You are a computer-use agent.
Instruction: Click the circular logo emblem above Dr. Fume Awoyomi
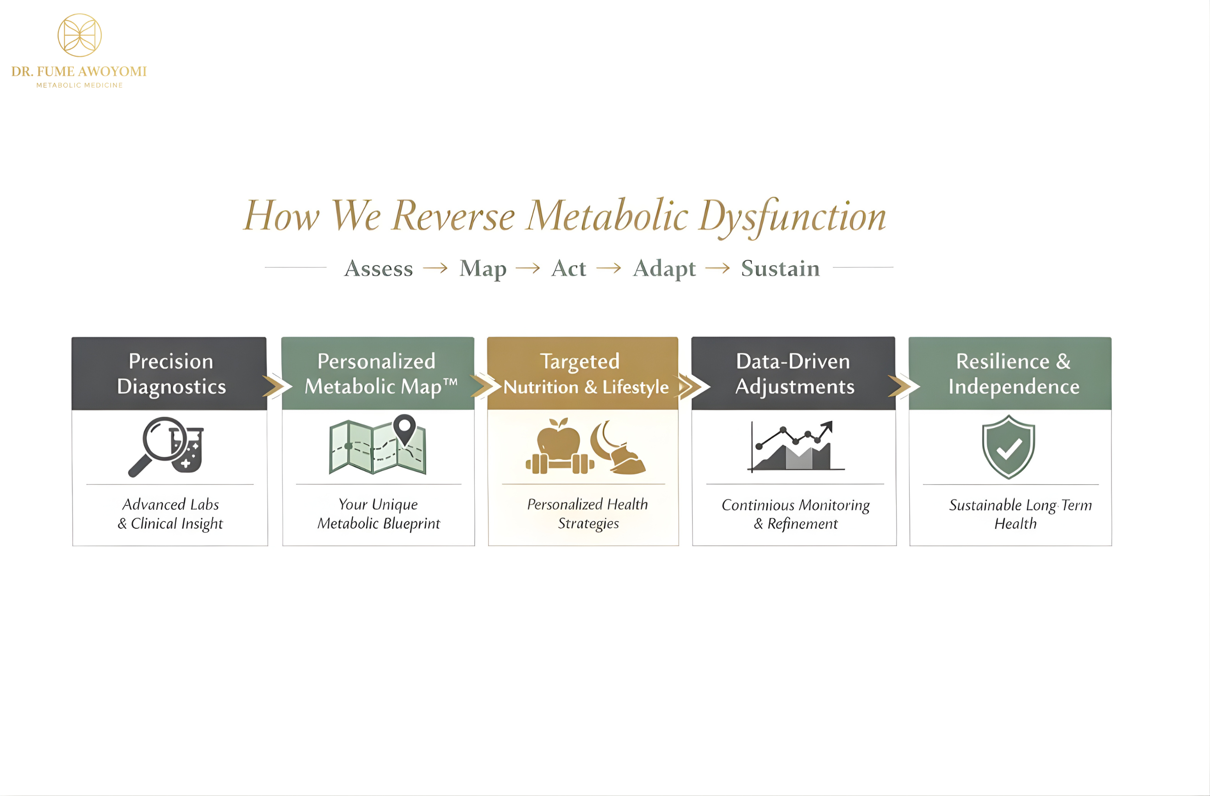tap(79, 35)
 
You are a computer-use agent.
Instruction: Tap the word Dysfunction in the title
tap(792, 216)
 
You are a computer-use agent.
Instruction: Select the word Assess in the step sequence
tap(378, 268)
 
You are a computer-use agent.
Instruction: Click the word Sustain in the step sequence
tap(780, 268)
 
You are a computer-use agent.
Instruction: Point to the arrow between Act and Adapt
tap(609, 268)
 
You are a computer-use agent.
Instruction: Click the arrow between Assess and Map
tap(435, 268)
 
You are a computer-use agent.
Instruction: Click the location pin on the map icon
tap(405, 427)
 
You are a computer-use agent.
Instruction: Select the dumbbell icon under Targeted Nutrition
tap(560, 464)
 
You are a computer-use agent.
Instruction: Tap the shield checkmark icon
tap(1008, 447)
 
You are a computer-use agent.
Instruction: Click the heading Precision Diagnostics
tap(171, 374)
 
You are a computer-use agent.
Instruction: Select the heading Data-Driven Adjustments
tap(794, 374)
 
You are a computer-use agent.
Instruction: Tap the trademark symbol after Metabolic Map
tap(450, 381)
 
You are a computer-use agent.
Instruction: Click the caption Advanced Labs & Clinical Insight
tap(170, 514)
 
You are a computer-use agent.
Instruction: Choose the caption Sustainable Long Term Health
tap(1019, 514)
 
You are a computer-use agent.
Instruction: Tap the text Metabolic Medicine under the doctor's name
tap(79, 85)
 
